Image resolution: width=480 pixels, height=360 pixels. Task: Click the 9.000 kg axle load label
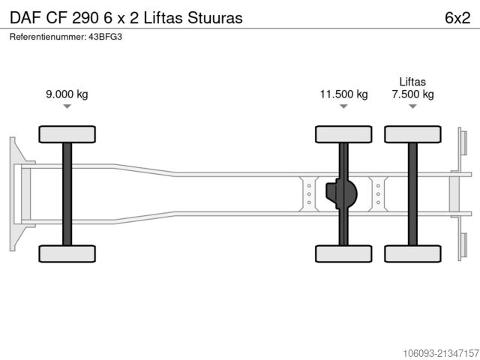pyautogui.click(x=67, y=94)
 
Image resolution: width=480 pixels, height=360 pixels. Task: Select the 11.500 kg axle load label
pyautogui.click(x=343, y=94)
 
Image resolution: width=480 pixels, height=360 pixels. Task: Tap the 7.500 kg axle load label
pyautogui.click(x=412, y=94)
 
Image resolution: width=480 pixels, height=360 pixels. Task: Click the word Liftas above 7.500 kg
pyautogui.click(x=412, y=82)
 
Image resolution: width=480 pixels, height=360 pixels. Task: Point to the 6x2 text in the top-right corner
pyautogui.click(x=457, y=18)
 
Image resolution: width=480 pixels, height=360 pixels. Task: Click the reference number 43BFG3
pyautogui.click(x=105, y=37)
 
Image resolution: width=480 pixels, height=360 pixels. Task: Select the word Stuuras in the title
pyautogui.click(x=215, y=18)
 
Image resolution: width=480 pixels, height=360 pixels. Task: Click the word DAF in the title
pyautogui.click(x=25, y=18)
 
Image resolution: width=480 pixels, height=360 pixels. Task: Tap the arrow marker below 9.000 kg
pyautogui.click(x=67, y=106)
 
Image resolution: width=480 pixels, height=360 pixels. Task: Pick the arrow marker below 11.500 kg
pyautogui.click(x=343, y=106)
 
